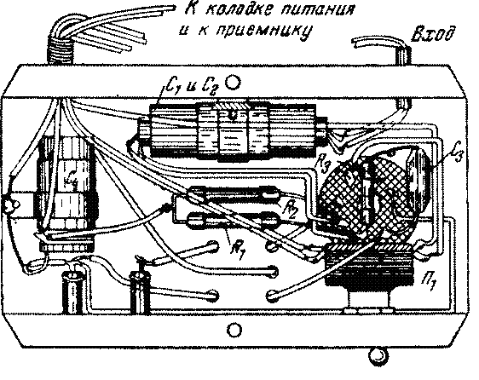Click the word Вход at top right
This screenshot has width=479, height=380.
tap(434, 34)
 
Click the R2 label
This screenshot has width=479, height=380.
tap(291, 210)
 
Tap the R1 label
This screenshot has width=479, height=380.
tap(238, 245)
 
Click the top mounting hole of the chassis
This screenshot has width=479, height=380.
tap(233, 82)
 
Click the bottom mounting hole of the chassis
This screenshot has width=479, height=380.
tap(234, 330)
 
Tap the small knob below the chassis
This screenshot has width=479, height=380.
tap(378, 355)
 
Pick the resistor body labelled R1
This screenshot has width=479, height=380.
tap(234, 220)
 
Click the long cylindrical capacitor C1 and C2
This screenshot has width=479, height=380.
tap(233, 131)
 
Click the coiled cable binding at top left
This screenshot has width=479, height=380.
tap(61, 54)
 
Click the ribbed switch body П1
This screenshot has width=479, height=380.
tap(370, 265)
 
